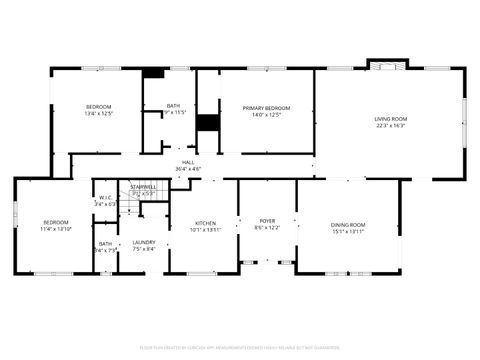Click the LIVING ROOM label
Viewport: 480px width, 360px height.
(390, 119)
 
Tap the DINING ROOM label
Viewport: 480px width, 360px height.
(348, 224)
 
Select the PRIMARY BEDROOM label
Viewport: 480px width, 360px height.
(268, 107)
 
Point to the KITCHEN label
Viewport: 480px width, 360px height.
(204, 223)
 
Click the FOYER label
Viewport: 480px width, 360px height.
(267, 221)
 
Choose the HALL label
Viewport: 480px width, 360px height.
(188, 163)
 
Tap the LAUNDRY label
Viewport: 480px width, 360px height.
(144, 243)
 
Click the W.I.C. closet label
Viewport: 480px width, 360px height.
(105, 197)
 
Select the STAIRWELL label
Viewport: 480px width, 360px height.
(143, 187)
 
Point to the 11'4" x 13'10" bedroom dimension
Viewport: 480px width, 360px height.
(55, 229)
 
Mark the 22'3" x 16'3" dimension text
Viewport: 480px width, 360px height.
(390, 125)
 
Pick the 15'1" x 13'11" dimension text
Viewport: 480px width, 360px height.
(348, 231)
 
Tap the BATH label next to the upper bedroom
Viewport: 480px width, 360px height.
(174, 106)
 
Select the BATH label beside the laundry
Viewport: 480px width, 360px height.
(105, 243)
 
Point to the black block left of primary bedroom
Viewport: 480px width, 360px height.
(207, 122)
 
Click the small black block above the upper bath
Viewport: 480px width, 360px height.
(154, 72)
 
